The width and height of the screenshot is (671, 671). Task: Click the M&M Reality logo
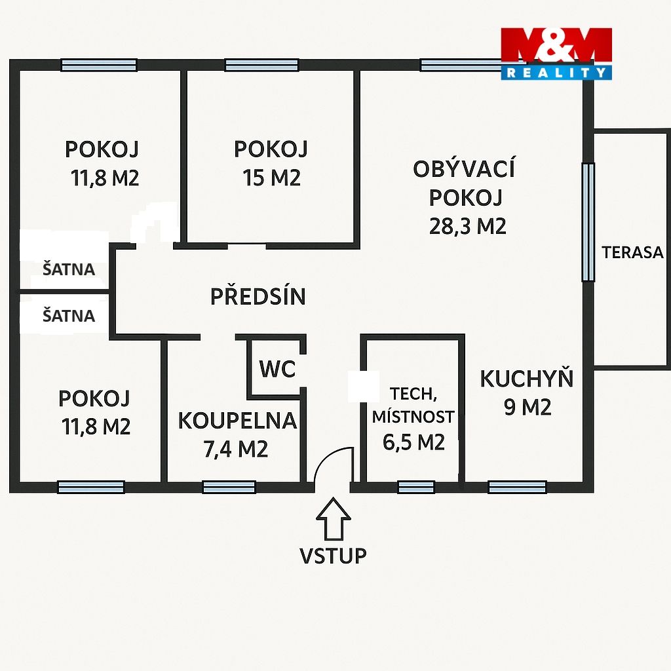point(556,54)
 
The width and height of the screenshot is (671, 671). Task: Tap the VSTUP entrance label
point(333,556)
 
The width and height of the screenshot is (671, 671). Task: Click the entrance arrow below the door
point(334,518)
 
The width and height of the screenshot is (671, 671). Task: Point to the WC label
point(277,368)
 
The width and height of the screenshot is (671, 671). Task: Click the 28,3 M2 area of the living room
point(468,226)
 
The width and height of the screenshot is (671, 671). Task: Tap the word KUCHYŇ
point(526,378)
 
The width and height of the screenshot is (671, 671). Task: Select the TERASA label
point(632,252)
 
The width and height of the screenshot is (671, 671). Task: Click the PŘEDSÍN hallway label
point(258,296)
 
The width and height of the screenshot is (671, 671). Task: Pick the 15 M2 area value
point(272,177)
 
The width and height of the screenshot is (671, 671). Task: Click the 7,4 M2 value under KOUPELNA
point(236,449)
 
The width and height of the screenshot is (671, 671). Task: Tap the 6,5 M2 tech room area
point(414,442)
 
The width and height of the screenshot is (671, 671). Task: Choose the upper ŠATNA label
point(68,269)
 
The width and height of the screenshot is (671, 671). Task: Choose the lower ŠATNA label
point(68,316)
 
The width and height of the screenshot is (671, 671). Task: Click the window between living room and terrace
point(588,221)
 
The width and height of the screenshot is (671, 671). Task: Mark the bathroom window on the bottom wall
point(229,487)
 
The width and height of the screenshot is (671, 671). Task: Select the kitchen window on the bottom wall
point(518,487)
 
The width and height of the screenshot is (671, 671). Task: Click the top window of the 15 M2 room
point(262,65)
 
